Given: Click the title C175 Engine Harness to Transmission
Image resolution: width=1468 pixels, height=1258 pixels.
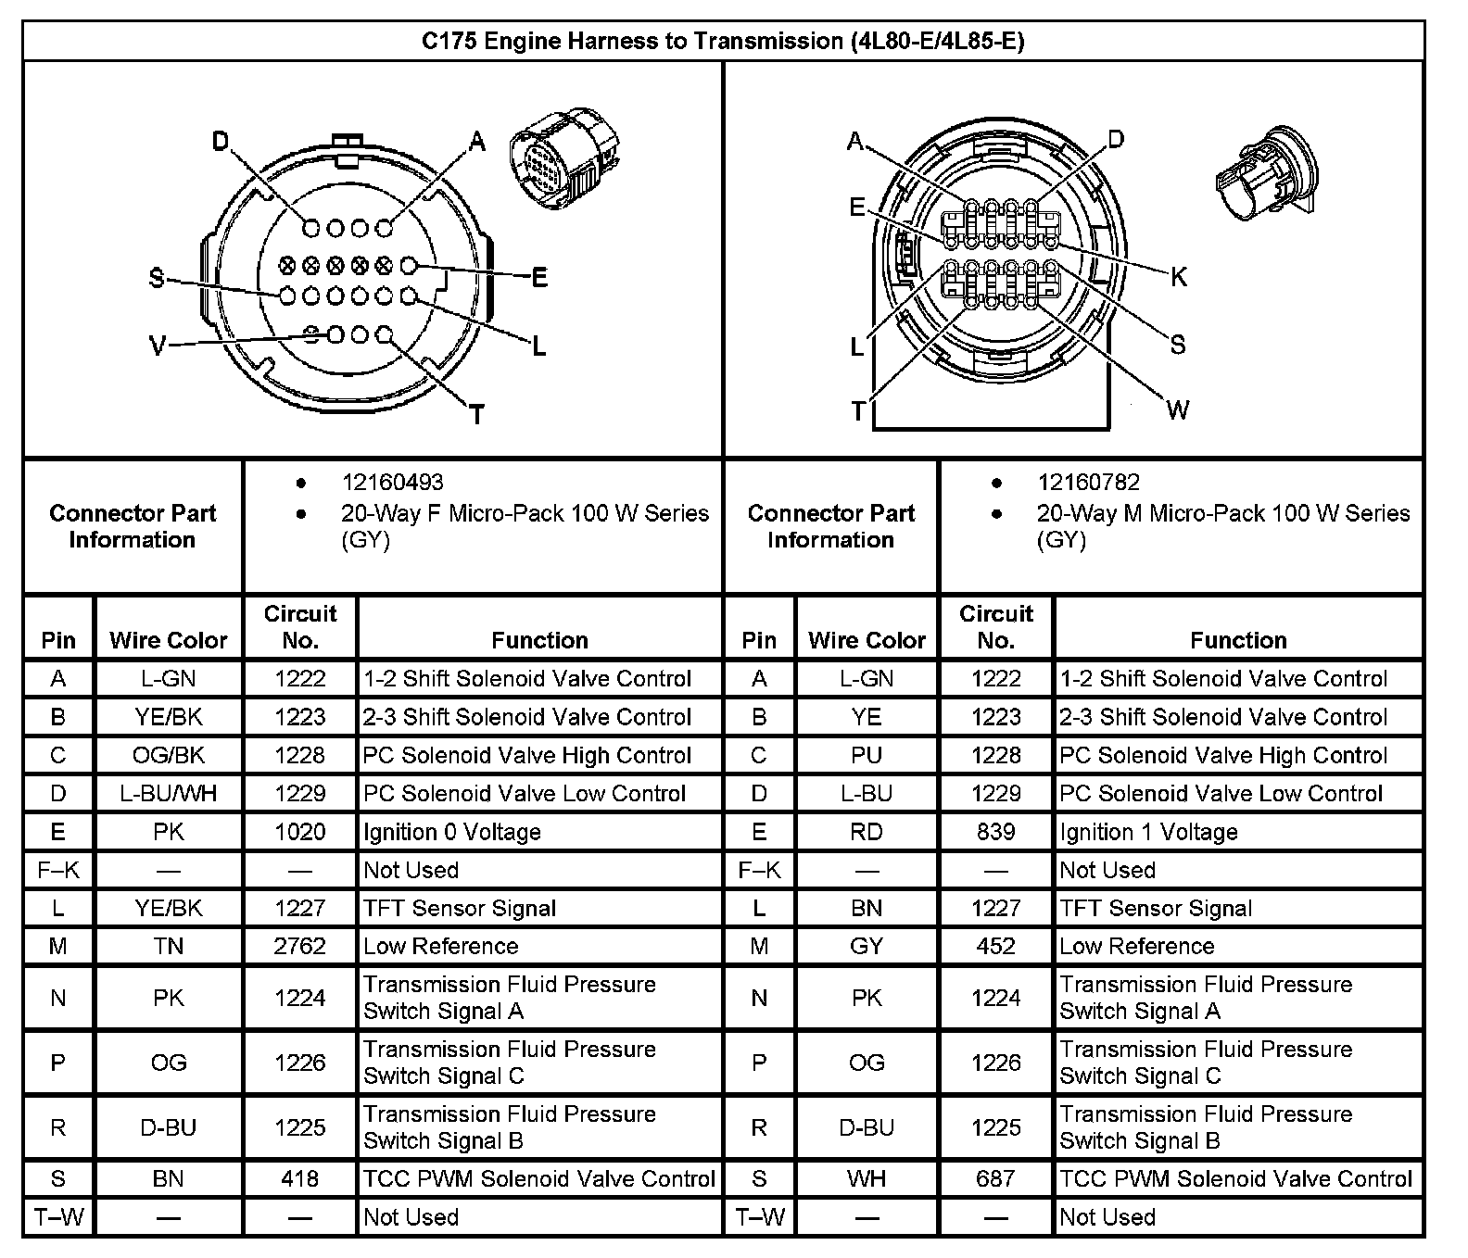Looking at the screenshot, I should (723, 42).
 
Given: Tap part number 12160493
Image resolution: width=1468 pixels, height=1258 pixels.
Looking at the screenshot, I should (392, 483).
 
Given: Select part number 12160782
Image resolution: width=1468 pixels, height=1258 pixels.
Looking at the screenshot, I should (1088, 483).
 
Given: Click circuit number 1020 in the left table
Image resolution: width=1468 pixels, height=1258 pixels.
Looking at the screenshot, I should (299, 832).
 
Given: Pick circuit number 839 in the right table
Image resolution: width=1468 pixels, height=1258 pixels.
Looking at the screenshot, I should (995, 832).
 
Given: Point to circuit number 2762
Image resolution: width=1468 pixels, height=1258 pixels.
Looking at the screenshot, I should (299, 946).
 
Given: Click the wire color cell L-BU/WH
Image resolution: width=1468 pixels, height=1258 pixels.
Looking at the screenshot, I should (169, 794).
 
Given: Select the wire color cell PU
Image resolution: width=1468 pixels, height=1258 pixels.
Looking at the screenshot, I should (866, 755).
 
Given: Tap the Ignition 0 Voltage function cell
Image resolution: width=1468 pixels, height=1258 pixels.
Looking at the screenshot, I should (451, 832).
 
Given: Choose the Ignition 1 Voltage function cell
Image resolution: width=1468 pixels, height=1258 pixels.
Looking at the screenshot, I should (1148, 832).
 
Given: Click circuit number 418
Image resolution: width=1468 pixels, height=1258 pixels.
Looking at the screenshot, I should (299, 1178).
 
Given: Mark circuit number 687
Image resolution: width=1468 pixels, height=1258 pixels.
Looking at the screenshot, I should (995, 1178).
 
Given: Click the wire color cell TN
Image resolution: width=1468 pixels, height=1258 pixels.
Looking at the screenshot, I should (169, 946).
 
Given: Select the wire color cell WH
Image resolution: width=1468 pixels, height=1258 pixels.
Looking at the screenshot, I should (866, 1178).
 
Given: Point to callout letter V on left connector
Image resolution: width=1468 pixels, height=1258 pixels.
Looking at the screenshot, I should (158, 346).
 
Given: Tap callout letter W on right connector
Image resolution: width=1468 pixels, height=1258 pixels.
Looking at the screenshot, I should (1177, 409).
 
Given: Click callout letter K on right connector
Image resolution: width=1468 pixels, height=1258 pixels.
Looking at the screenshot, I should (1178, 276).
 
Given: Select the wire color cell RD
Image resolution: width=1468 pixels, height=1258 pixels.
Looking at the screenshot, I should (866, 832).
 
